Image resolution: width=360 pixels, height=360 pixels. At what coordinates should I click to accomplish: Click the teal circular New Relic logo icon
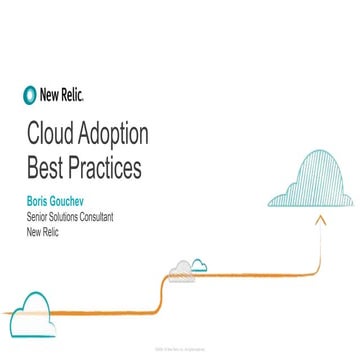(29, 97)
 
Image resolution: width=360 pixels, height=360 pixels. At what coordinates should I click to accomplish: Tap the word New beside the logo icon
(50, 97)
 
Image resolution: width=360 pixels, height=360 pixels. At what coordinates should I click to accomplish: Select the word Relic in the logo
(75, 97)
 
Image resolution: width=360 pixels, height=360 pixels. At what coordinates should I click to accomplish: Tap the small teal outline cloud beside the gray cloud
(199, 265)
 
